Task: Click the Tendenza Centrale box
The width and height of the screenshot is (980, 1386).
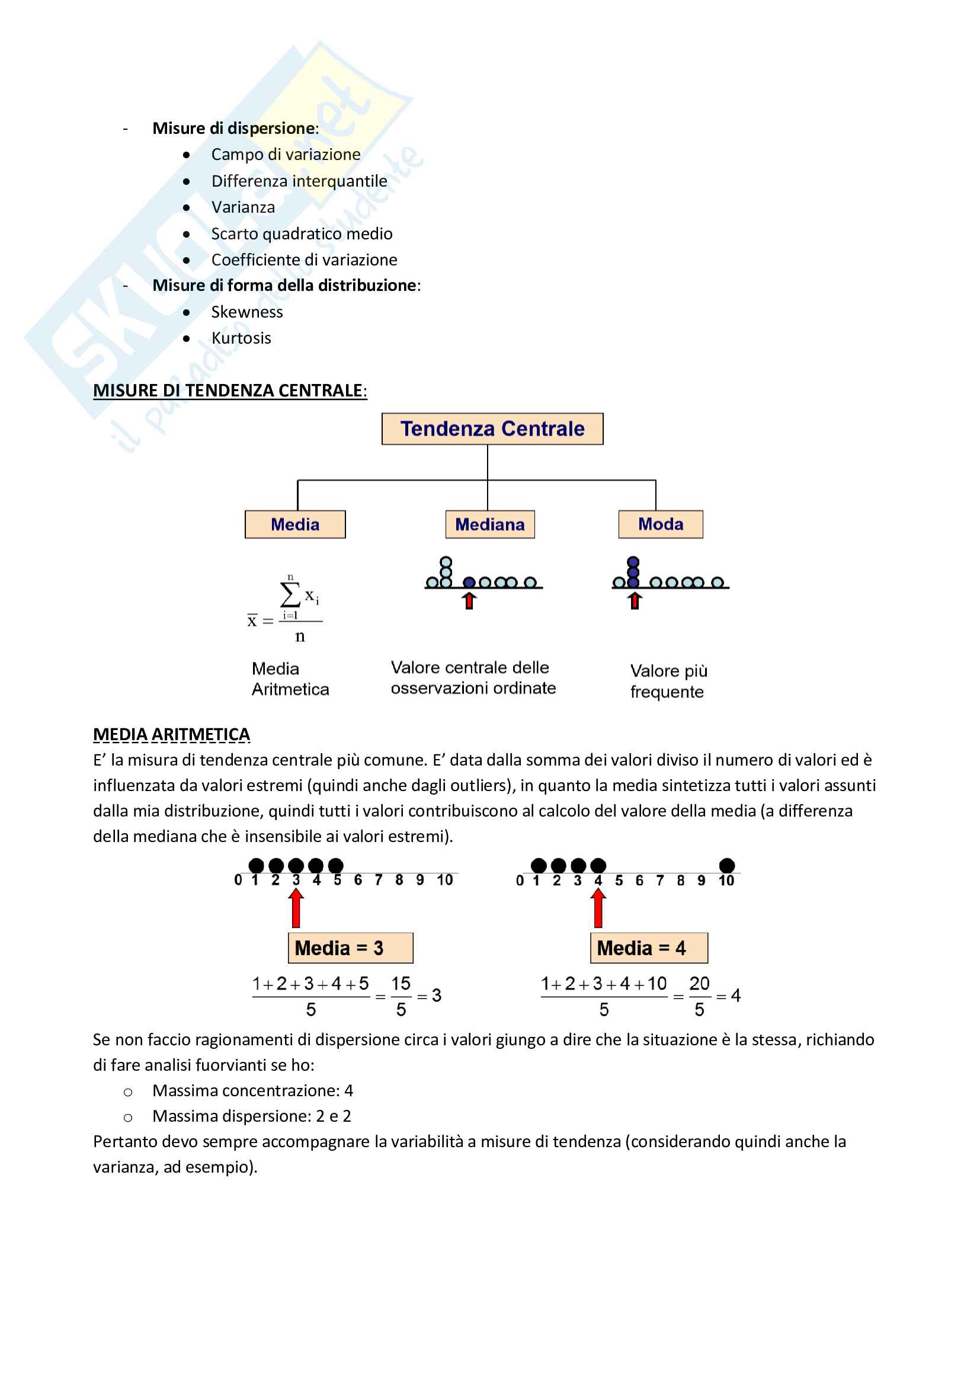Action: click(x=492, y=428)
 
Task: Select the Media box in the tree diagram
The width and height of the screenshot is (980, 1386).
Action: click(x=295, y=524)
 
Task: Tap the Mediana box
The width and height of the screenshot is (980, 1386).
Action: click(x=490, y=524)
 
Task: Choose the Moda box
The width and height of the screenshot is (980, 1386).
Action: click(x=660, y=524)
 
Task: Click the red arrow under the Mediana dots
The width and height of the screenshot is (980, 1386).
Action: click(x=469, y=601)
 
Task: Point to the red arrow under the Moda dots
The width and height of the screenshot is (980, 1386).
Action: click(x=634, y=601)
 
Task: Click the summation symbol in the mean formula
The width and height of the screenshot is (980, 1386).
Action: click(x=290, y=594)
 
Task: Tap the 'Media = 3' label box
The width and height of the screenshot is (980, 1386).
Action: click(x=350, y=948)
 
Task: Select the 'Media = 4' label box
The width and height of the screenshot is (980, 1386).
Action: click(x=649, y=948)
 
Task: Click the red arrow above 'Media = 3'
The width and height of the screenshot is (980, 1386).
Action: click(x=296, y=908)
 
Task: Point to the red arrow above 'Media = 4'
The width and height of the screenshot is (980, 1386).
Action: click(x=598, y=908)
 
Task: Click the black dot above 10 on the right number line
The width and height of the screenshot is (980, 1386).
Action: click(x=727, y=866)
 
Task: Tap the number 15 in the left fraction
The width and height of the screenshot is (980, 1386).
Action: click(x=401, y=984)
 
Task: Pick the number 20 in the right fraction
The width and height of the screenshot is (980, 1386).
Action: click(x=699, y=984)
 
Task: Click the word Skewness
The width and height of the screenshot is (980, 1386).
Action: click(x=247, y=312)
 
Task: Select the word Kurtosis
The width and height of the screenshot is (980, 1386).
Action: click(x=241, y=338)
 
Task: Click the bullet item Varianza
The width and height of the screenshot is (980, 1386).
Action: click(x=242, y=207)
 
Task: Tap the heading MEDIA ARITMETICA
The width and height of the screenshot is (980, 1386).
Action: click(x=171, y=734)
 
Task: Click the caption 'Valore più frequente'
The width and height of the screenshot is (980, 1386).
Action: click(x=668, y=681)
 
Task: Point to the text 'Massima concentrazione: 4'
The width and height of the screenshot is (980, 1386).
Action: click(x=252, y=1090)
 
